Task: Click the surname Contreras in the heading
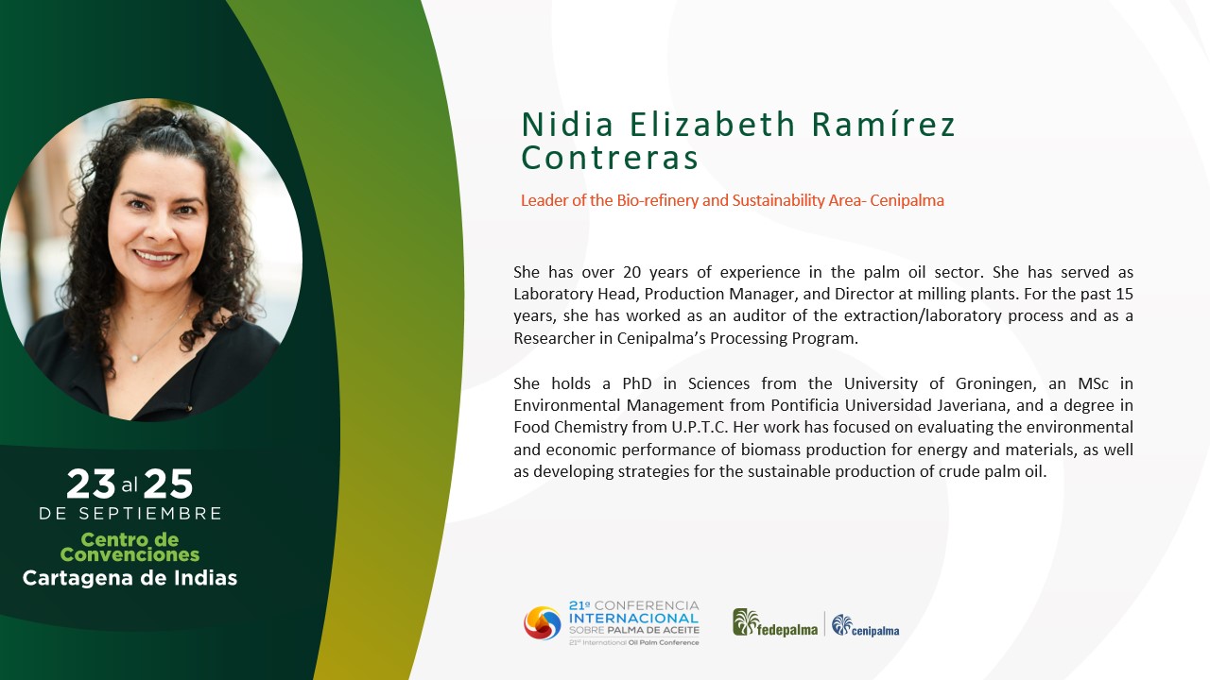[610, 158]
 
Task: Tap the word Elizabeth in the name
[712, 124]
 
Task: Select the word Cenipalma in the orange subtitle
[907, 200]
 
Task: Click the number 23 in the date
[91, 484]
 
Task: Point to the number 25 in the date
[168, 484]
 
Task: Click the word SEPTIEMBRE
[150, 513]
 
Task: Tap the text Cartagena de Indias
[130, 578]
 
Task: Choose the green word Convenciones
[130, 554]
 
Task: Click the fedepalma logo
[775, 624]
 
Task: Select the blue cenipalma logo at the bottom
[865, 626]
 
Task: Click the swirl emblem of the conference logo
[543, 623]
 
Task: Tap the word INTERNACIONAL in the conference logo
[634, 618]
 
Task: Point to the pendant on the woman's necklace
[135, 358]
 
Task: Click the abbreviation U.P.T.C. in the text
[700, 428]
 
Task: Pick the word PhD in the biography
[637, 383]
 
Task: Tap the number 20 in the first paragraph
[632, 272]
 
